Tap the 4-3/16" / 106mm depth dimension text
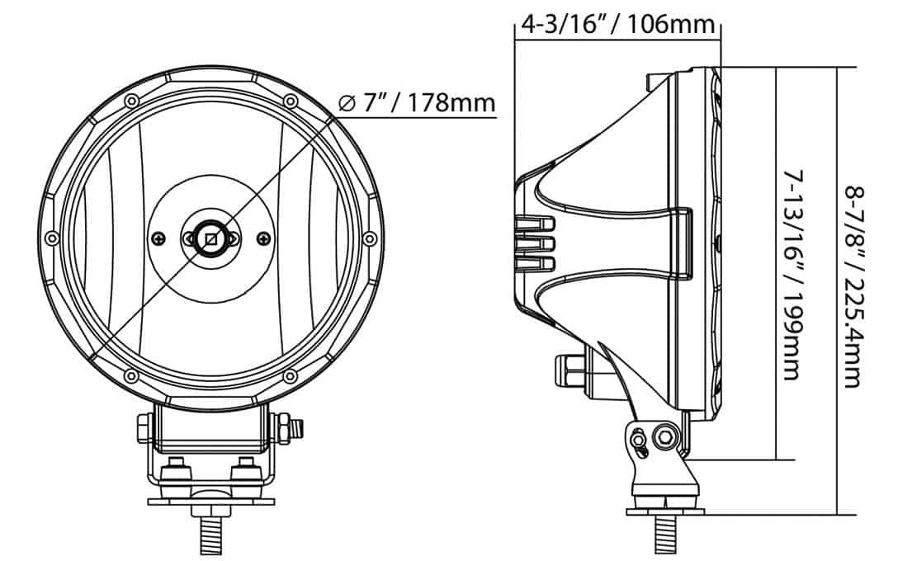coord(617,24)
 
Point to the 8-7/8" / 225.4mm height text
coord(853,285)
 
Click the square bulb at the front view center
coord(211,238)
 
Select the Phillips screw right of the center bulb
coord(263,238)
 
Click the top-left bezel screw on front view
coord(131,101)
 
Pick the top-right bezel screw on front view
coord(291,101)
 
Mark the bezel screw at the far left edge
coord(52,238)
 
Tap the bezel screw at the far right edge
coord(370,238)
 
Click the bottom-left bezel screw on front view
coord(131,376)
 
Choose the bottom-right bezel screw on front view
coord(291,376)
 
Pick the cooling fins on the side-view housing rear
coord(535,244)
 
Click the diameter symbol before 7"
coord(347,104)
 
